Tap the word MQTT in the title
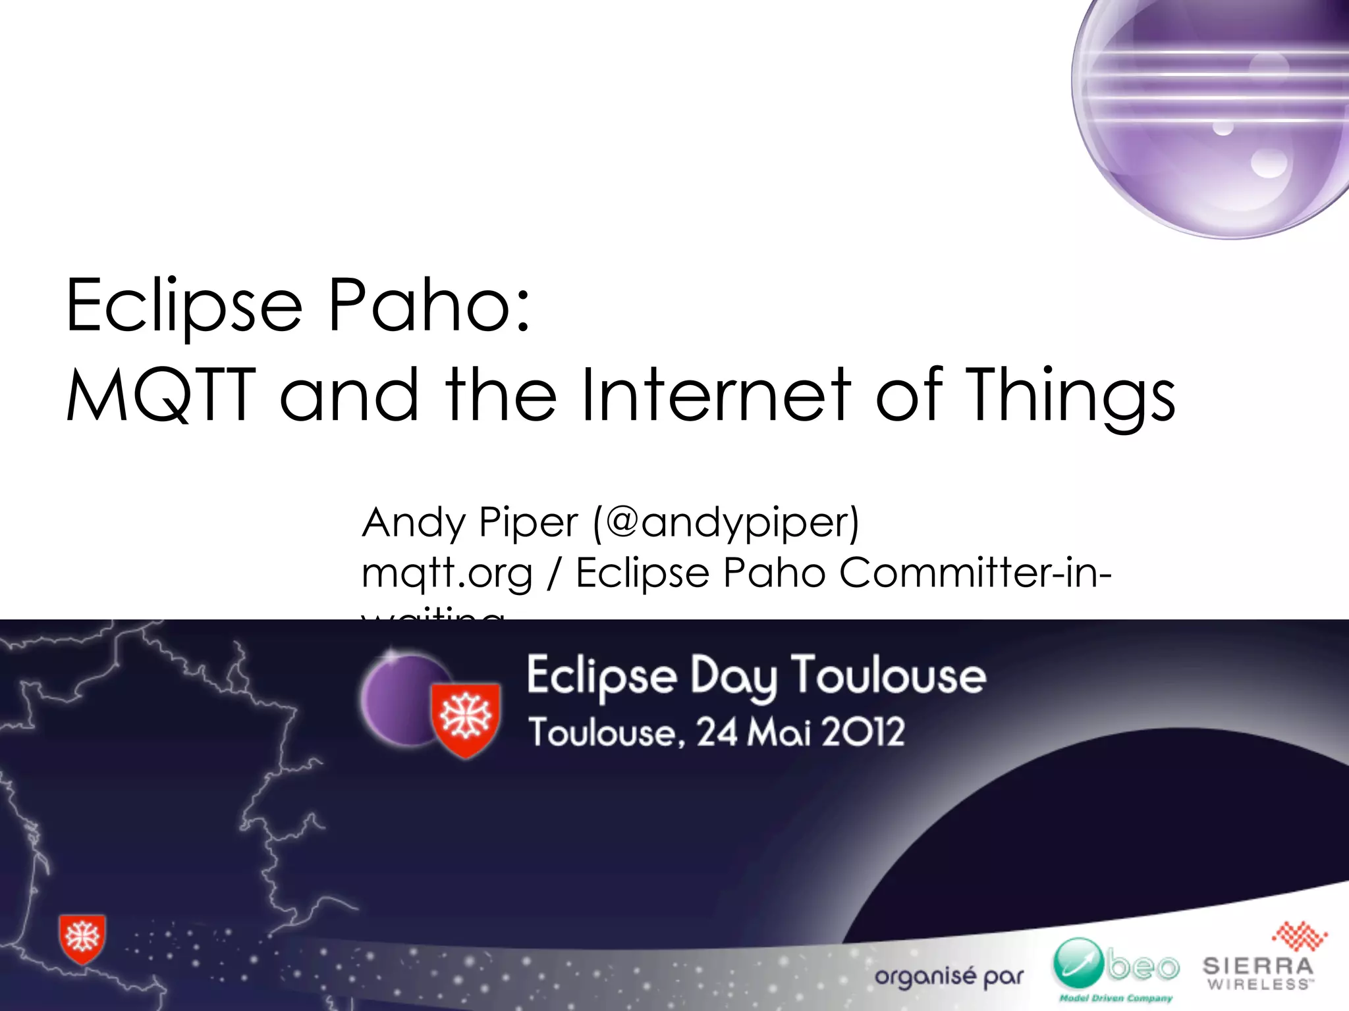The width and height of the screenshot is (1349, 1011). click(160, 395)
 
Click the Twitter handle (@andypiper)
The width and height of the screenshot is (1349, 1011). click(726, 523)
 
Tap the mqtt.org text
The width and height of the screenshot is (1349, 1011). click(447, 573)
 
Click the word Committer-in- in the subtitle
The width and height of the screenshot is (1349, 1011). click(975, 572)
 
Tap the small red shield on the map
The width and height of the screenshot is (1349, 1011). click(82, 938)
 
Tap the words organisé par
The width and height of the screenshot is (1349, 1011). click(949, 977)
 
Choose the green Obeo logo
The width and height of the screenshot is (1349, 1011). click(1116, 968)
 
